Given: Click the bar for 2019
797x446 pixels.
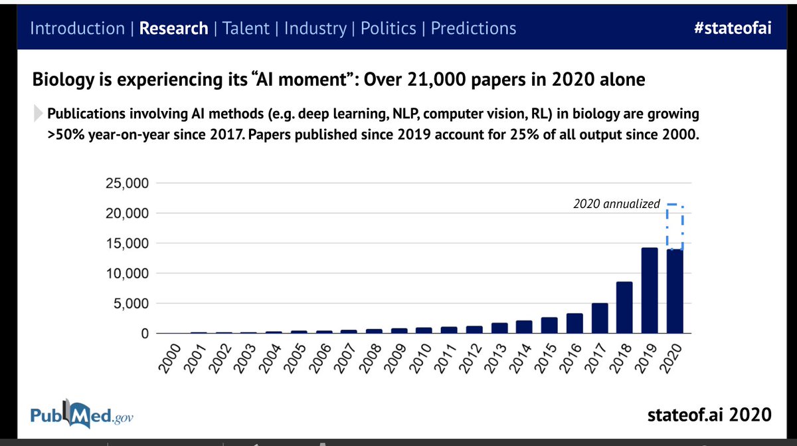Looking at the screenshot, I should click(x=650, y=290).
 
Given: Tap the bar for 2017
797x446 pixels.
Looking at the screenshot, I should click(x=599, y=318).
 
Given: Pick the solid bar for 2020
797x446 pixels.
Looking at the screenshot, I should click(x=675, y=291).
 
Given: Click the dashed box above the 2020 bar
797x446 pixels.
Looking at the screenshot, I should click(x=675, y=227).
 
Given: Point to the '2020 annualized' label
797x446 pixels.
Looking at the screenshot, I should click(x=616, y=204).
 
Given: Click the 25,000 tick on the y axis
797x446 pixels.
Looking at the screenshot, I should click(x=126, y=183).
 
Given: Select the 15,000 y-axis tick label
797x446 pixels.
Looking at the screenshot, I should click(x=126, y=243).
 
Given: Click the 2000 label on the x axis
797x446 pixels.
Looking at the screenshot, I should click(x=170, y=360).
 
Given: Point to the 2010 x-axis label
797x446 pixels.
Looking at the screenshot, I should click(x=422, y=360).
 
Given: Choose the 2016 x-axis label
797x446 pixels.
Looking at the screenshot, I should click(x=573, y=360).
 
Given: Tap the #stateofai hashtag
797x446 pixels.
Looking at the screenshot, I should click(x=730, y=29).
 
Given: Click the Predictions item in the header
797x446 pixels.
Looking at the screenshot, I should click(x=474, y=29).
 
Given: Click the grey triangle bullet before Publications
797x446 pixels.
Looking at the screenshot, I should click(x=39, y=114).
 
